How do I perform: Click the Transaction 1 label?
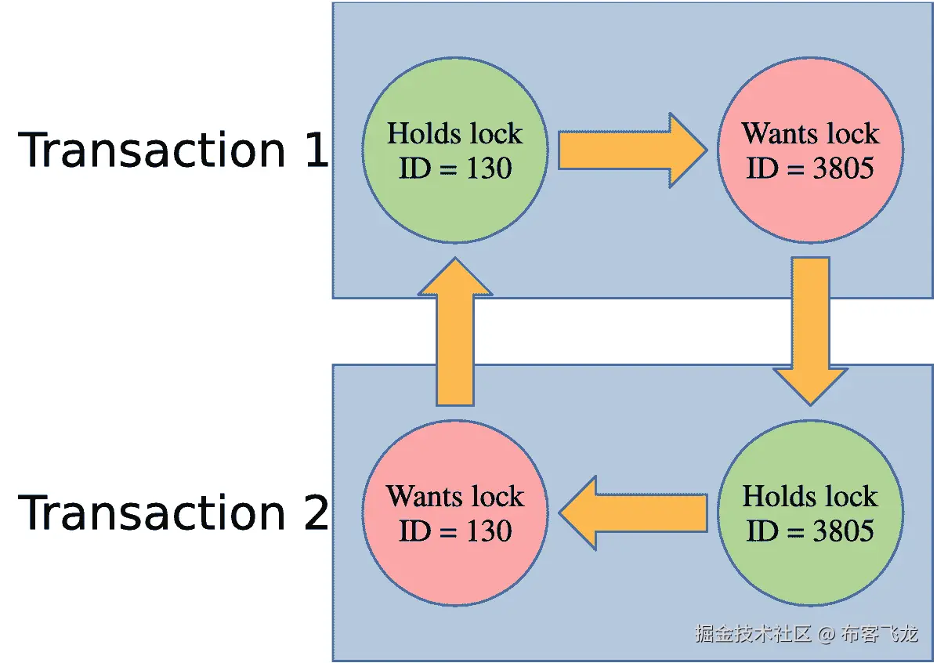pos(172,150)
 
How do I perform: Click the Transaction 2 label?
pos(172,513)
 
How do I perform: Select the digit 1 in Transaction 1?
pos(315,150)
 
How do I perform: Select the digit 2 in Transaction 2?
pos(315,513)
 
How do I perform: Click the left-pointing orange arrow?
pos(635,513)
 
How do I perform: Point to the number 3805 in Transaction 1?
pos(843,168)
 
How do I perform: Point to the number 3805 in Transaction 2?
pos(843,531)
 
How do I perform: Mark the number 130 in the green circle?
pos(489,168)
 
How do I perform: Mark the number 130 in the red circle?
pos(489,531)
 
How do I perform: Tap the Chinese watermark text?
pos(752,633)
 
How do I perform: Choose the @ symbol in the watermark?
pos(827,634)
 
